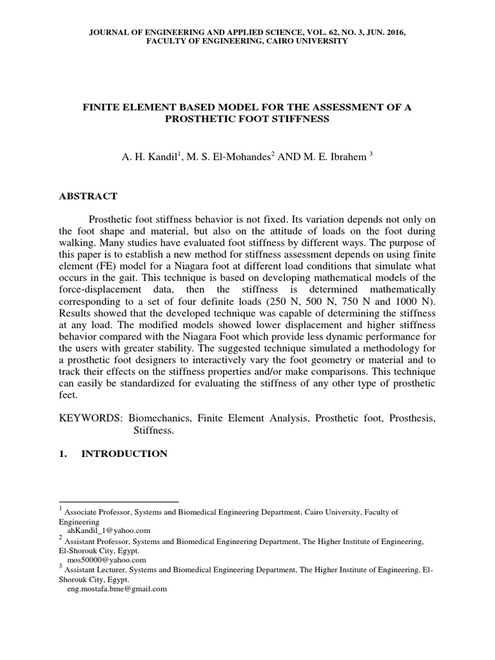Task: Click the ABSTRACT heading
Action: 88,196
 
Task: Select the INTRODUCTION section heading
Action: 124,454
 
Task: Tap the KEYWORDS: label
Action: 88,418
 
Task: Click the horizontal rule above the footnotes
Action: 119,501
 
